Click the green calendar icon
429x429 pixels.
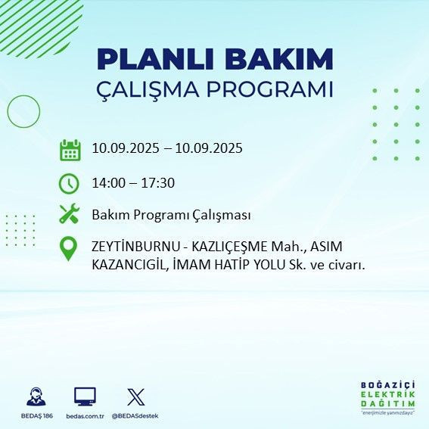[70, 149]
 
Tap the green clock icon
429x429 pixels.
[69, 183]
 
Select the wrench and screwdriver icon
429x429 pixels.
[69, 215]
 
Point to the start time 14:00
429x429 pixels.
[107, 183]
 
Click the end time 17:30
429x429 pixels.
[160, 183]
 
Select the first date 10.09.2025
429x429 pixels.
[124, 148]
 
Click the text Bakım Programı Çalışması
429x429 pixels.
[171, 215]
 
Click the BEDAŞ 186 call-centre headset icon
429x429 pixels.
[36, 397]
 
